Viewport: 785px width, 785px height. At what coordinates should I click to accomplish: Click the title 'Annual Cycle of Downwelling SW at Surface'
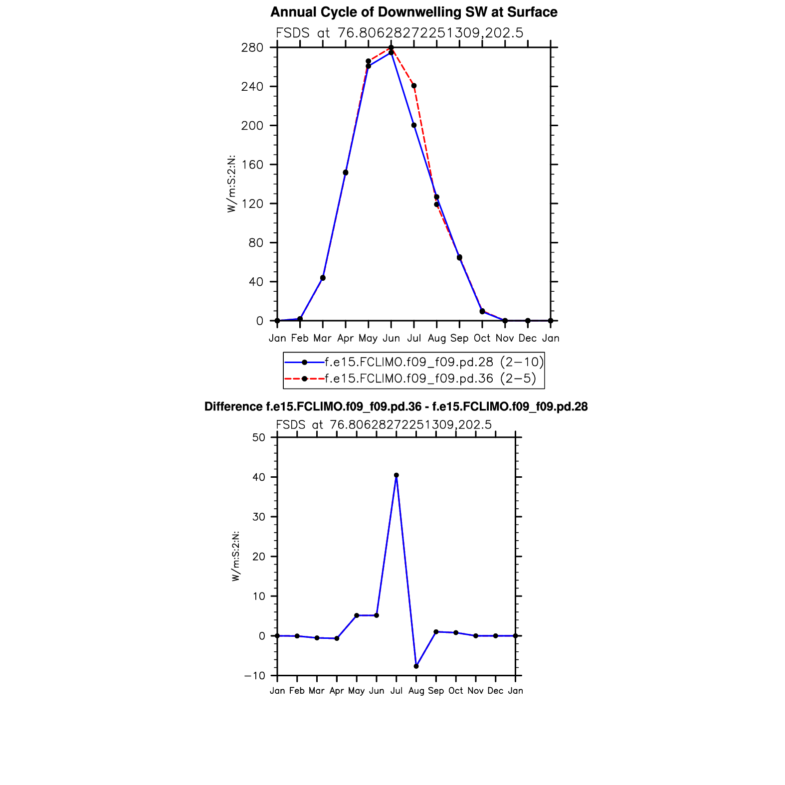413,12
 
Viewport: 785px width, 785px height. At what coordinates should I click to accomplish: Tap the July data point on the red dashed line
414,86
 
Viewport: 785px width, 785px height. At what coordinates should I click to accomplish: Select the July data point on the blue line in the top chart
414,125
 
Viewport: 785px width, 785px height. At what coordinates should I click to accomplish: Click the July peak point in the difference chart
396,475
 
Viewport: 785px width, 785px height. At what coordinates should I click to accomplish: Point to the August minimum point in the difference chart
416,666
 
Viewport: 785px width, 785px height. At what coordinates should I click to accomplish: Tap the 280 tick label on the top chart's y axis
252,48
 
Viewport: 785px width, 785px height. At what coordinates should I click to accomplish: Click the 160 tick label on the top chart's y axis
252,165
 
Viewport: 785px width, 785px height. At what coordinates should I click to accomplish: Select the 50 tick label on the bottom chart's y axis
259,437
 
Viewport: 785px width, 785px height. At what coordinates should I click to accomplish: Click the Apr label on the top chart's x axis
345,339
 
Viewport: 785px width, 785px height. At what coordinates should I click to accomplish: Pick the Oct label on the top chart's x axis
482,339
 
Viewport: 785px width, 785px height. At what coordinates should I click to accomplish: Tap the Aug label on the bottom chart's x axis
416,691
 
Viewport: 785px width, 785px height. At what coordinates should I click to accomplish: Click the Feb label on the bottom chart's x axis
297,691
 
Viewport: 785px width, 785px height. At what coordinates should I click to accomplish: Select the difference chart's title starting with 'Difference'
396,407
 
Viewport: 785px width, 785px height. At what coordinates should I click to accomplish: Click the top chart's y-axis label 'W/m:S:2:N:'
231,185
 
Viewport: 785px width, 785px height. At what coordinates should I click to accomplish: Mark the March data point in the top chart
323,278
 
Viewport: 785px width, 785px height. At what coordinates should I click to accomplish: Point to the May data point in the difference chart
357,615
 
